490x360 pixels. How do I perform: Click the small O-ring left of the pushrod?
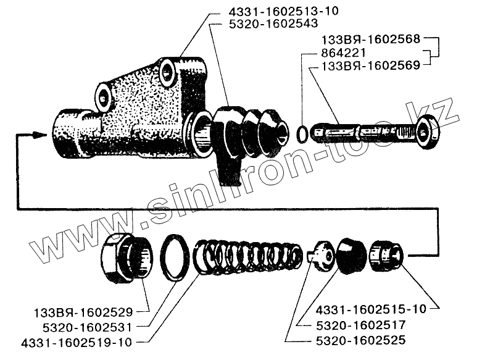pyautogui.click(x=301, y=133)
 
